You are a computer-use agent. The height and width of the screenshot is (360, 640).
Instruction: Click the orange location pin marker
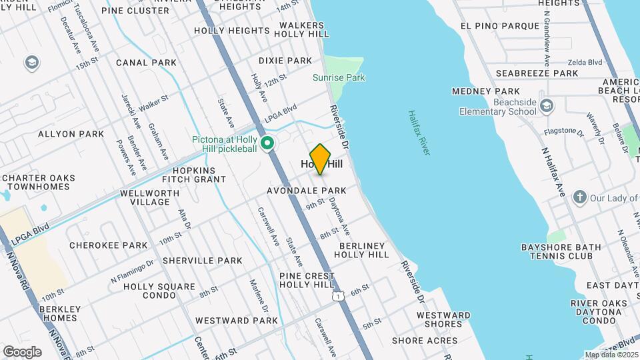321,159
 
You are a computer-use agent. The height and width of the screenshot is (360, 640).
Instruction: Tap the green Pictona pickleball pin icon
267,143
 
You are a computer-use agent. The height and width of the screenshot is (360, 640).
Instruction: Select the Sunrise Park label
339,78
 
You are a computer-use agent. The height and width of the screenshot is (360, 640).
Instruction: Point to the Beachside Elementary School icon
547,106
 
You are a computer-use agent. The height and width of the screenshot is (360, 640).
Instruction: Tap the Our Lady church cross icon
579,197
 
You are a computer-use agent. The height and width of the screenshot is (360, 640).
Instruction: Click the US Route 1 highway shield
339,295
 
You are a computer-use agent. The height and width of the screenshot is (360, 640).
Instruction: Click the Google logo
22,351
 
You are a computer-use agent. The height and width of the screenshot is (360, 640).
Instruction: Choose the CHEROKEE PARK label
108,245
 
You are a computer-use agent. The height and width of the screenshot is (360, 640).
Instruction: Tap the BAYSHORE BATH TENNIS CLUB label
561,251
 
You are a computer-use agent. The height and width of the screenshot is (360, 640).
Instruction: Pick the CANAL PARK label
146,63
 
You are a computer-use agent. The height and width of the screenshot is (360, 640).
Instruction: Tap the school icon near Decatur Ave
31,63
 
